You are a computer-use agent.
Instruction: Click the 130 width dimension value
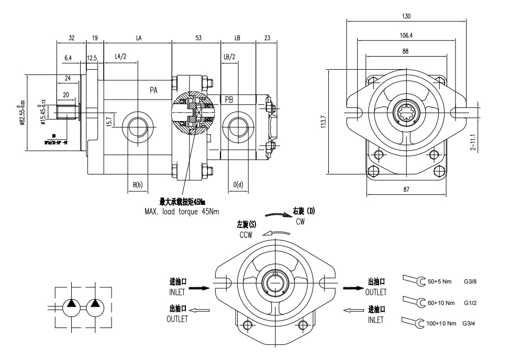tap(406, 16)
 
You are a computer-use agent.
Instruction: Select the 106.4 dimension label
tap(406, 36)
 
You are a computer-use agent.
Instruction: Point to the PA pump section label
tap(153, 90)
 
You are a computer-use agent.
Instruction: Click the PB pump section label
tap(229, 100)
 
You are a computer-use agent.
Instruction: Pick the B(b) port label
tap(138, 184)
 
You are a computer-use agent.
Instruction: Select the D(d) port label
tap(238, 184)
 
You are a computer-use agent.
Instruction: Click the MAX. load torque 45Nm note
tap(182, 212)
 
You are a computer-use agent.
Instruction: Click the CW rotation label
tap(301, 222)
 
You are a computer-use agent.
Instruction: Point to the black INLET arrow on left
tap(199, 288)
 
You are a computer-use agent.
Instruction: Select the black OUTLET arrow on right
tap(353, 288)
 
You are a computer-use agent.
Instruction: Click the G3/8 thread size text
tap(470, 281)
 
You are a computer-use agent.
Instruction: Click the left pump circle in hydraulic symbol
tap(72, 307)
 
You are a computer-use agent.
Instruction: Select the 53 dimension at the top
tap(198, 38)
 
